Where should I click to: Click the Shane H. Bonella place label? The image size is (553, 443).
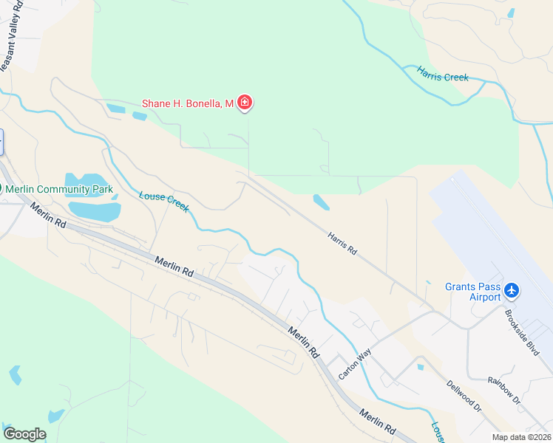click(x=188, y=103)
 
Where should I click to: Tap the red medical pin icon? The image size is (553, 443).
click(x=245, y=103)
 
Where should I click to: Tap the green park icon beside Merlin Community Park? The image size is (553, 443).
click(x=1, y=189)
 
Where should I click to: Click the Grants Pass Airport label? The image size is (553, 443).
click(x=473, y=292)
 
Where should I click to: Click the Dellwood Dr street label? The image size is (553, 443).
click(x=464, y=396)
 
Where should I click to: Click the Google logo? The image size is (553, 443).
click(x=24, y=434)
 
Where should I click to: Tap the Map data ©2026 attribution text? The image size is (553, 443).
click(x=522, y=437)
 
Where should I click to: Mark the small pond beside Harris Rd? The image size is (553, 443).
click(x=322, y=202)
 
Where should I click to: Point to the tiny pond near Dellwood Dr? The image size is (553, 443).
click(x=420, y=366)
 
